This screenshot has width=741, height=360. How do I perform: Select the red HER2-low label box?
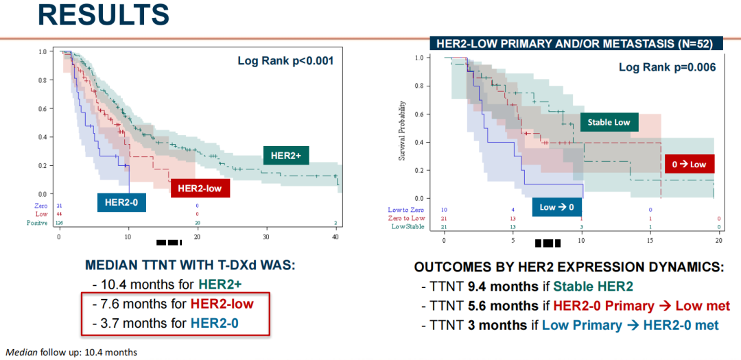[x=200, y=188]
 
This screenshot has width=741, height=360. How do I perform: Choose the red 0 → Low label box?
[x=690, y=164]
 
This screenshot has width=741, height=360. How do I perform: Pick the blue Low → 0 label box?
[x=556, y=206]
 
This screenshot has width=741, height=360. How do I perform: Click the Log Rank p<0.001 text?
[x=285, y=60]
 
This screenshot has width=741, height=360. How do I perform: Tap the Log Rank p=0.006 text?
[x=667, y=67]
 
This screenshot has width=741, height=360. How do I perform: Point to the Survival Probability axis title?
[x=402, y=131]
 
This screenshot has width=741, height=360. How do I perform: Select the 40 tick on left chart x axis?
[x=336, y=237]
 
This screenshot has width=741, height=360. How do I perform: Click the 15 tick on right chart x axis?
[x=650, y=241]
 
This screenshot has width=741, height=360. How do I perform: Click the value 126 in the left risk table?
[x=60, y=223]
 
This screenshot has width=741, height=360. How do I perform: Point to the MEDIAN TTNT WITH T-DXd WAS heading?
[x=189, y=265]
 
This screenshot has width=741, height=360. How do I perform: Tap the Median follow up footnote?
[x=71, y=352]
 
